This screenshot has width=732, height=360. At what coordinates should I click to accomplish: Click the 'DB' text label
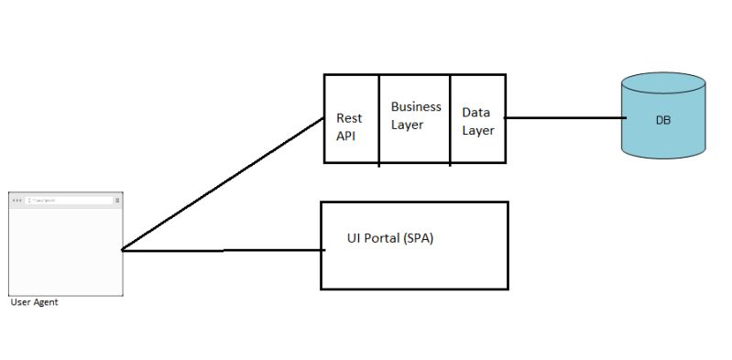click(x=663, y=120)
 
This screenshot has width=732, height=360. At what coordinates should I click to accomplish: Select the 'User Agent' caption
click(x=34, y=302)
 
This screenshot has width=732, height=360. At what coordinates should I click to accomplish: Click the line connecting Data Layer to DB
click(x=563, y=118)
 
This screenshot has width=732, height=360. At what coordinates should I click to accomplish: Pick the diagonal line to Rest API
click(x=224, y=183)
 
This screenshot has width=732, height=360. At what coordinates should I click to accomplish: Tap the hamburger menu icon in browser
click(x=117, y=200)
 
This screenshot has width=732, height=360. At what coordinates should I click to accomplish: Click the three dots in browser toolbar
click(x=17, y=200)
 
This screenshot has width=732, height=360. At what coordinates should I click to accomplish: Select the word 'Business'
click(x=416, y=107)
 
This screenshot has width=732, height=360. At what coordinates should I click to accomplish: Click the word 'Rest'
click(x=349, y=118)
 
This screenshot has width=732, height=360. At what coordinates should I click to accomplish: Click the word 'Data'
click(x=475, y=113)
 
